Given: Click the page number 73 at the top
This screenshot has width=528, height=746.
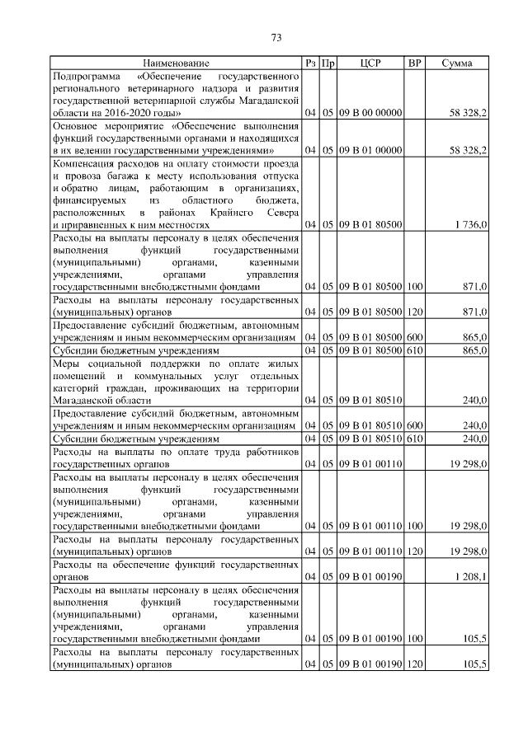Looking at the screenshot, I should tap(276, 37).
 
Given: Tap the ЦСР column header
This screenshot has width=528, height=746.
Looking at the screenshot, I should tap(370, 63).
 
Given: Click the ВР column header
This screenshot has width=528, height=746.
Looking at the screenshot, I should tap(415, 63).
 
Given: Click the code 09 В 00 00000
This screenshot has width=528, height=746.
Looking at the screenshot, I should tap(370, 111).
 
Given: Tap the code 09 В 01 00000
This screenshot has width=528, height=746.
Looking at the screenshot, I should tap(370, 150).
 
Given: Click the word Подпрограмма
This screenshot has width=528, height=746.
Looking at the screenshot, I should tap(86, 76).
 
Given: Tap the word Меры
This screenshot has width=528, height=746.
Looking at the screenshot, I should tap(66, 363).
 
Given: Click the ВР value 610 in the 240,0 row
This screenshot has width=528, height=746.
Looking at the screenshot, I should tap(415, 439).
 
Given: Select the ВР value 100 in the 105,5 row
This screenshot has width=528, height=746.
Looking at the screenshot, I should tap(415, 639).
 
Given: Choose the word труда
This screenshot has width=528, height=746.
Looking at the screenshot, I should tap(216, 452).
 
